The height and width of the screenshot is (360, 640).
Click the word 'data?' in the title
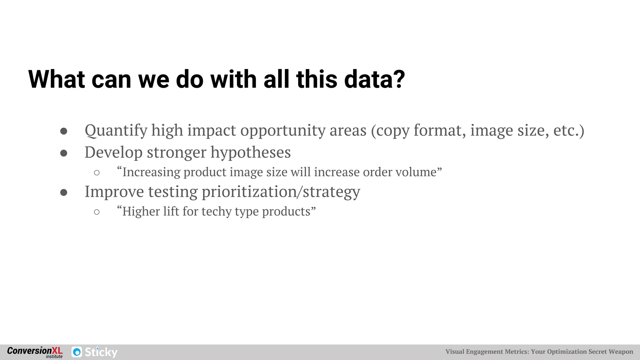[374, 79]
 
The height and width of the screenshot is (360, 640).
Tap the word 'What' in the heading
[57, 79]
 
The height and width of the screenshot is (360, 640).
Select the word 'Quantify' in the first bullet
[116, 130]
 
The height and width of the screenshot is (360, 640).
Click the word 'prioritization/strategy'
[281, 192]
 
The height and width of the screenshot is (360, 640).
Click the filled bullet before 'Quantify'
[64, 131]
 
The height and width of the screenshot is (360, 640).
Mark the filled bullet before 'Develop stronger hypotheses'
[64, 153]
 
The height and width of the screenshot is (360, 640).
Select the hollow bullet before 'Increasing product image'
[97, 173]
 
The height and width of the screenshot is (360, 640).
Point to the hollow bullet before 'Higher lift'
[97, 212]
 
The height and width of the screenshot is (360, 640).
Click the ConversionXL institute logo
[35, 352]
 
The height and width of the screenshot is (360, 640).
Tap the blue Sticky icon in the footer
[77, 352]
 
